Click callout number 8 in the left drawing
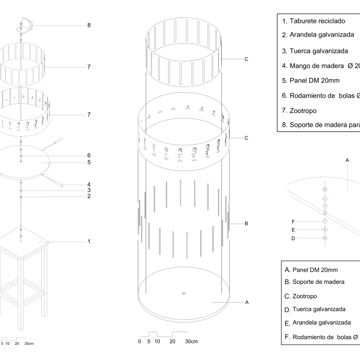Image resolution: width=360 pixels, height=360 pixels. click(x=89, y=25)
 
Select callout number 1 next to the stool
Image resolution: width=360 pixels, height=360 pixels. click(x=89, y=241)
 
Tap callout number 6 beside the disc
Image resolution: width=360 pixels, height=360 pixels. click(x=89, y=155)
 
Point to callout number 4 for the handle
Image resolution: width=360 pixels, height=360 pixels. click(x=89, y=184)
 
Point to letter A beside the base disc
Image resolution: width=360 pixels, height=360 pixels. click(x=247, y=302)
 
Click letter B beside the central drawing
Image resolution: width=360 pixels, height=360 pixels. click(x=247, y=224)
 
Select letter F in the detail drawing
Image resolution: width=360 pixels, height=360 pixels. click(x=293, y=221)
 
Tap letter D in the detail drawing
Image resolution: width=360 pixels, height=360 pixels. click(x=293, y=238)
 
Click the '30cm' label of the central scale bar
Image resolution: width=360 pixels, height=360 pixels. click(x=191, y=342)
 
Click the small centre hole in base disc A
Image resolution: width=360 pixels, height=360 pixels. click(x=183, y=292)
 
